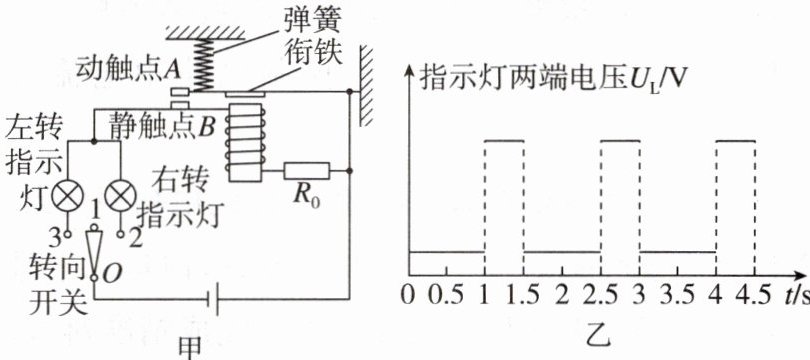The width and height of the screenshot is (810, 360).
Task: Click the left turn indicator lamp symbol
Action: pos(69,197)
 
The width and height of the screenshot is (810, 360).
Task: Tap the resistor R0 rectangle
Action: pos(306,170)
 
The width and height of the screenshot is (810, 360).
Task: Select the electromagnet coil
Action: pos(245,141)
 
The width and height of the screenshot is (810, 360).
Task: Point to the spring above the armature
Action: pos(207,65)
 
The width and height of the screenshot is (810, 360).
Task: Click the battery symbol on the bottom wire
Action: pos(212,299)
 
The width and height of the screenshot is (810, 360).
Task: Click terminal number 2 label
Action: pos(134,239)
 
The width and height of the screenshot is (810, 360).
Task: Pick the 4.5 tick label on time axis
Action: pos(755,296)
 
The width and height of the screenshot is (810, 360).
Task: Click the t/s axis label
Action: pos(796,296)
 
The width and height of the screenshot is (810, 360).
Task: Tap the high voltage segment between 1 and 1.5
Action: pos(504,140)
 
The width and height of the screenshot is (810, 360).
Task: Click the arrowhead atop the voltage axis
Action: pos(410,71)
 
